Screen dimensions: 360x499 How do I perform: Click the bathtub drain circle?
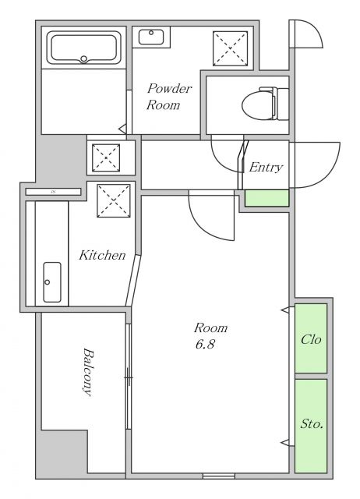tap(83, 58)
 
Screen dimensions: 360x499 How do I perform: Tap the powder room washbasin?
tap(151, 37)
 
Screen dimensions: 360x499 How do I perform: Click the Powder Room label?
tap(169, 97)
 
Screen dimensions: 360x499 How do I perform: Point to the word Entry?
tap(266, 167)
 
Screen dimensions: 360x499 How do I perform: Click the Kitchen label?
tap(102, 255)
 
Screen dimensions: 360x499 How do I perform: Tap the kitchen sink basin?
tap(52, 282)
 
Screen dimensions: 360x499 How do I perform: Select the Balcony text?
tap(88, 372)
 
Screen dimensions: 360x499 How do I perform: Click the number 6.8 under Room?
tap(205, 345)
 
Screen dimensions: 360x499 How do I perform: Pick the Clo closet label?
tap(311, 340)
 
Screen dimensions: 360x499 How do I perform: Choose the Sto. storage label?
tap(312, 424)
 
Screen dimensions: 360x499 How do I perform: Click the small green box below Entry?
tap(266, 198)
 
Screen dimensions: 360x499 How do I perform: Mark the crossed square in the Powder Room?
tap(230, 48)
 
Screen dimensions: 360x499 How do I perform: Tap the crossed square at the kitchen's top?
tap(114, 201)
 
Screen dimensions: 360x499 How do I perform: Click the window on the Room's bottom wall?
tap(219, 476)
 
